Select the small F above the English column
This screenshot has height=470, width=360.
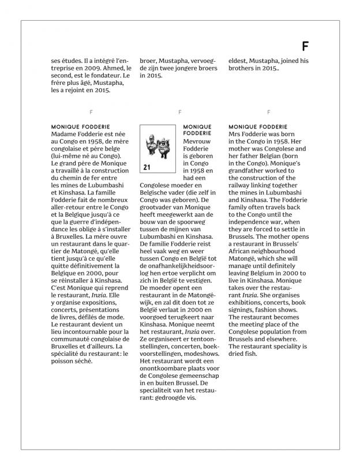point(269,111)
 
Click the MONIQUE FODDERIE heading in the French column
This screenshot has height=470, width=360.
point(80,126)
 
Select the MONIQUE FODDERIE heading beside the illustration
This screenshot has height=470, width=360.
point(197,130)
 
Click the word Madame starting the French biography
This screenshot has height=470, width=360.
point(65,134)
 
